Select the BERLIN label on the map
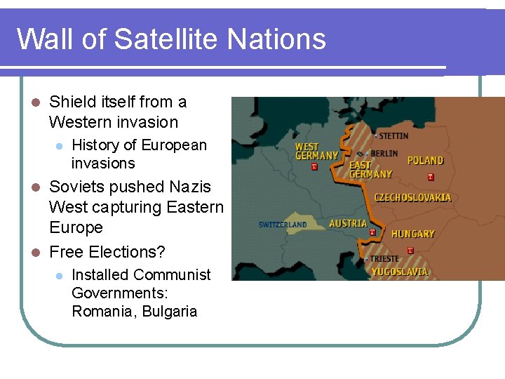click(384, 153)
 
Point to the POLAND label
click(426, 161)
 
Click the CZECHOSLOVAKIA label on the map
click(412, 198)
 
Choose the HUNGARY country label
click(412, 234)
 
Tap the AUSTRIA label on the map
click(348, 223)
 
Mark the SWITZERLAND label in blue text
click(282, 225)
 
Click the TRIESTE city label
click(384, 258)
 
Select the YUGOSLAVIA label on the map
click(399, 272)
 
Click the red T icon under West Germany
click(314, 167)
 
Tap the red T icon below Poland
click(431, 178)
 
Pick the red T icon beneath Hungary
click(410, 251)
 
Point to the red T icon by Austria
click(372, 232)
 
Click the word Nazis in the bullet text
click(190, 187)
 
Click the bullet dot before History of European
click(60, 146)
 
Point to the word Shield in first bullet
click(71, 102)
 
